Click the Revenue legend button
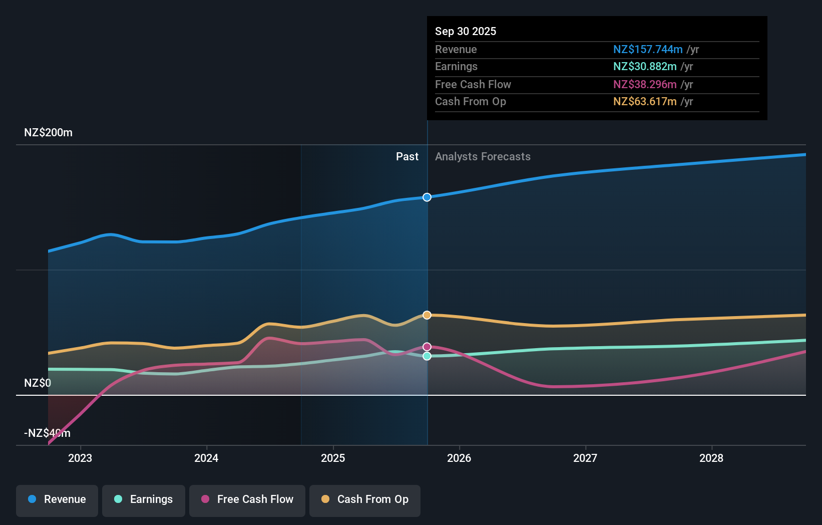coord(57,499)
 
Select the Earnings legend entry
coord(144,499)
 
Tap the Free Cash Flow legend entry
coord(247,499)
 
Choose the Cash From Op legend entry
coord(365,499)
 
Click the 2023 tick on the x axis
coord(80,458)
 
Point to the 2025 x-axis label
coord(333,458)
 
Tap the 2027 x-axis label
coord(585,458)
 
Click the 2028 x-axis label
coord(711,458)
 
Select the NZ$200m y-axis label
coord(48,133)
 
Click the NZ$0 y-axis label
coord(38,383)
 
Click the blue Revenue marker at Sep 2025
coord(427,197)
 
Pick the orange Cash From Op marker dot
coord(427,315)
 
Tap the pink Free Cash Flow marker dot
coord(427,347)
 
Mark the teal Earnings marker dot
coord(427,356)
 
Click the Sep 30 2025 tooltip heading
coord(466,31)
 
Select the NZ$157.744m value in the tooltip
coord(648,49)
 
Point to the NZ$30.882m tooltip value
coord(645,67)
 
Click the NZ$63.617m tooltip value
coord(645,102)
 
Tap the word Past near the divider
coord(407,157)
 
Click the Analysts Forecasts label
coord(483,157)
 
